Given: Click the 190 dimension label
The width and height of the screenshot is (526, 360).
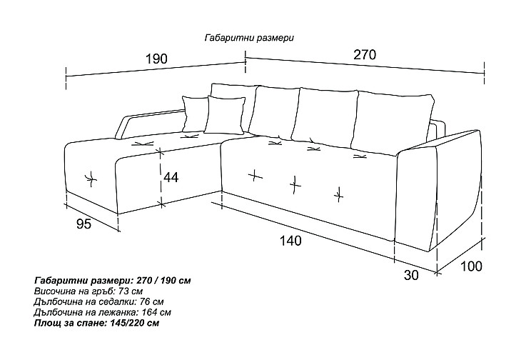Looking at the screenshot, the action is point(156,59).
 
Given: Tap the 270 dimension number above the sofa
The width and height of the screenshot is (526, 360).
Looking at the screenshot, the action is point(365,54).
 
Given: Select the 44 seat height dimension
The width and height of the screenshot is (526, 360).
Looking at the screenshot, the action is point(171,177).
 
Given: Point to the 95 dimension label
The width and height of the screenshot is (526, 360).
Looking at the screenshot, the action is point(84,224).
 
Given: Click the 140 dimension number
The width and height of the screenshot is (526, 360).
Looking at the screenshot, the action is point(290,241).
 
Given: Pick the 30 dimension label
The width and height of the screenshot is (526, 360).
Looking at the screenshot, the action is point(411,275).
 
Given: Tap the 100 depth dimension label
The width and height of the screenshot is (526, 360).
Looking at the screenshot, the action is point(470,266).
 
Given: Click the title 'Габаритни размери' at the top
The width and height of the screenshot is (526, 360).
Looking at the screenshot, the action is point(249,38).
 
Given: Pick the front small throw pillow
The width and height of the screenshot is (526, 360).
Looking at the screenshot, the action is point(225,115).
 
